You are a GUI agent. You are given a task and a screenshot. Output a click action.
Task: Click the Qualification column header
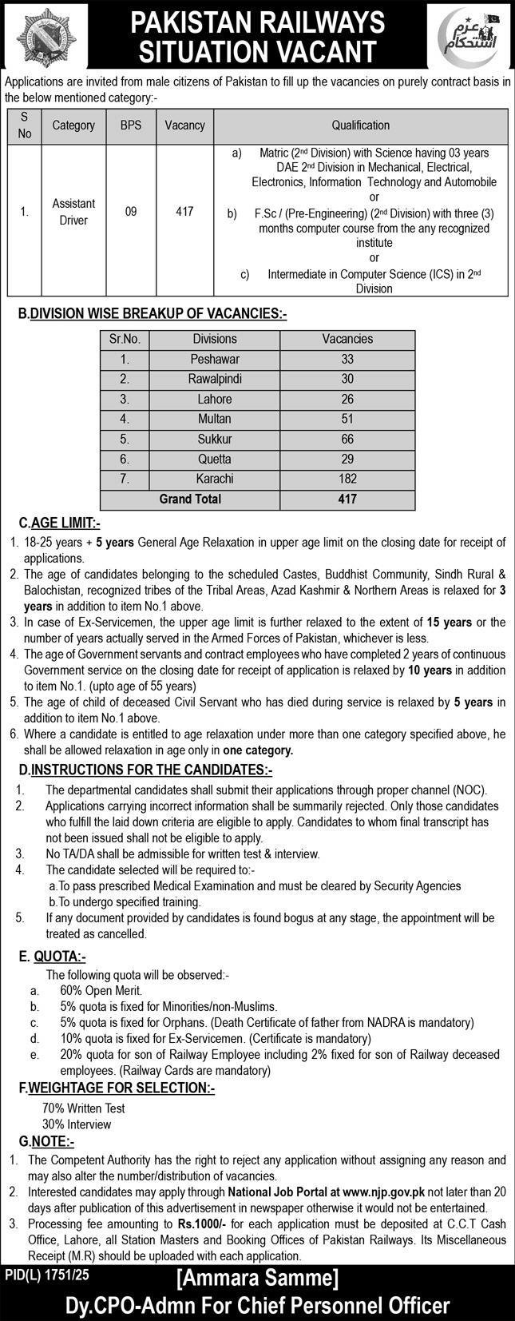[x=360, y=125]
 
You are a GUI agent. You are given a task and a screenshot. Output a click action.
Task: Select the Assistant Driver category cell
[x=73, y=212]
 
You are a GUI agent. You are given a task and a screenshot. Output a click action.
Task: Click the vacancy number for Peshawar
[x=347, y=359]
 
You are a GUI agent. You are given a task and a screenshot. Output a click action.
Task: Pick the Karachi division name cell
[x=215, y=479]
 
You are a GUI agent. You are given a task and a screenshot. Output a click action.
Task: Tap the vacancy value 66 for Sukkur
[x=347, y=439]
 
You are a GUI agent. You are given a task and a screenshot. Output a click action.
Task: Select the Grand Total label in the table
[x=190, y=499]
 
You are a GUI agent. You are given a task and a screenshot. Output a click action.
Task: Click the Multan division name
[x=215, y=419]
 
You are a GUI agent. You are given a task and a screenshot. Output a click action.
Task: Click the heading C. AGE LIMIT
[x=60, y=523]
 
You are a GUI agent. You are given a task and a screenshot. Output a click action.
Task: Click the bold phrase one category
[x=258, y=750]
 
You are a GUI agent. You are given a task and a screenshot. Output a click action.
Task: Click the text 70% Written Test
[x=83, y=1108]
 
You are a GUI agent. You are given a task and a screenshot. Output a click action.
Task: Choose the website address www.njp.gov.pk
[x=384, y=1191]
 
